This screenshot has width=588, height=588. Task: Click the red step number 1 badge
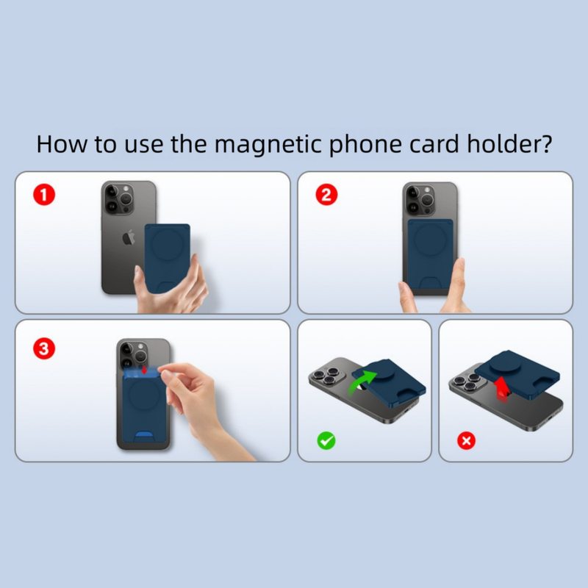coord(46,196)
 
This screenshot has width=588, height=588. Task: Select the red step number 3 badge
coord(46,349)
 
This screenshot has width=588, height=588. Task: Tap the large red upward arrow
coord(503,387)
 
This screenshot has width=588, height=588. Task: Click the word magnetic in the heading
coord(260,143)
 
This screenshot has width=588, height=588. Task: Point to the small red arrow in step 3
coord(145,368)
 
